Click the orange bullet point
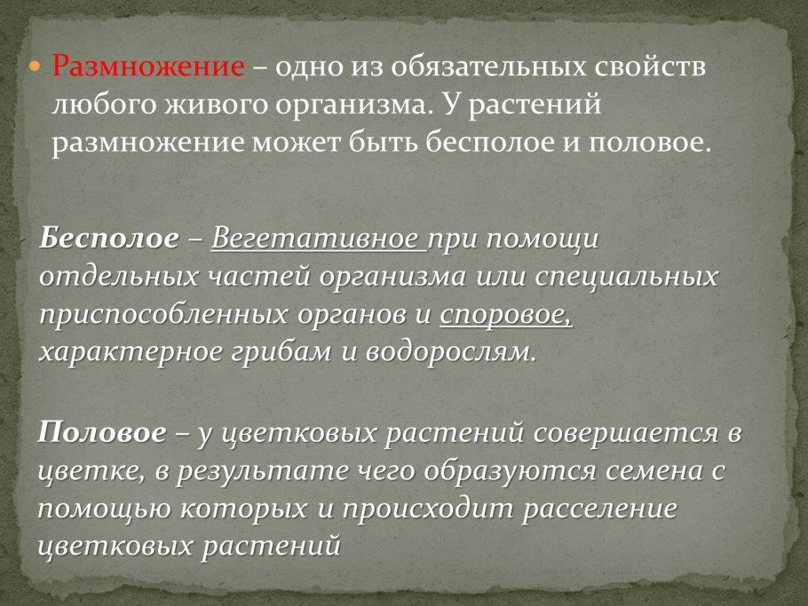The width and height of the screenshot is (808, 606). [x=35, y=66]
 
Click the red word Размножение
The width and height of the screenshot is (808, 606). [x=148, y=66]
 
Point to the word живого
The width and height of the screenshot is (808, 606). [x=217, y=105]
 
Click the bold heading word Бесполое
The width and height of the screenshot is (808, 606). [x=109, y=239]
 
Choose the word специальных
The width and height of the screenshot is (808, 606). [x=626, y=278]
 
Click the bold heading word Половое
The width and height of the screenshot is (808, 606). [x=101, y=432]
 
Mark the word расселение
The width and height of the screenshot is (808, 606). [x=598, y=509]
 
